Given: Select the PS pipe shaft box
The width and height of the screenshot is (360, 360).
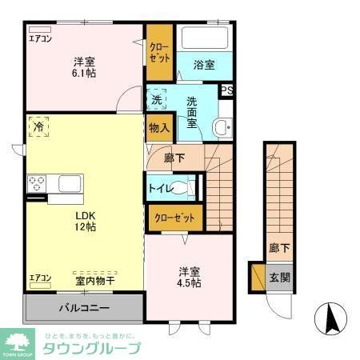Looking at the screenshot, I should pyautogui.click(x=227, y=90).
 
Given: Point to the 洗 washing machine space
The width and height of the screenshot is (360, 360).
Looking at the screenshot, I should pyautogui.click(x=157, y=100).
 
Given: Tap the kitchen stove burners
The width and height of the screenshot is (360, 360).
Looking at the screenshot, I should pyautogui.click(x=36, y=184).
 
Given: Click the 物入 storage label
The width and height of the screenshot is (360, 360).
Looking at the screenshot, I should pyautogui.click(x=158, y=128).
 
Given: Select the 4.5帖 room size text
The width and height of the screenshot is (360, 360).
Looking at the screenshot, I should pyautogui.click(x=190, y=282).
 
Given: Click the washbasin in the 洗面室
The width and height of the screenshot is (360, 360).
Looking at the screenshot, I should pyautogui.click(x=222, y=126).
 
